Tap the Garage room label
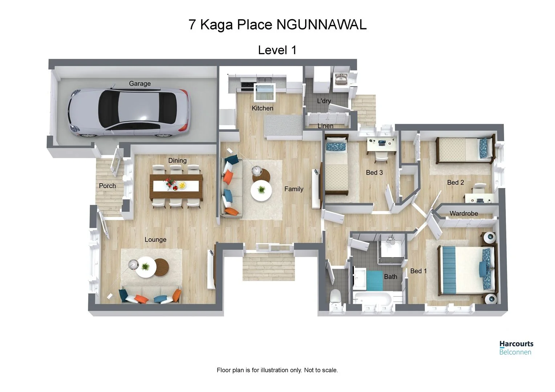click(x=140, y=83)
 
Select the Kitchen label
click(x=262, y=108)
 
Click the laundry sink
click(x=340, y=79)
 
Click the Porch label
click(x=108, y=186)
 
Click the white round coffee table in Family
click(x=261, y=190)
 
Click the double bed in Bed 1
click(x=467, y=269)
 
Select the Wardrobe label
click(x=463, y=213)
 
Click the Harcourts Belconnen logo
click(x=516, y=347)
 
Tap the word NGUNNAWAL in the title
click(x=321, y=25)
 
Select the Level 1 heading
click(x=277, y=50)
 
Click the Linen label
click(x=325, y=126)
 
